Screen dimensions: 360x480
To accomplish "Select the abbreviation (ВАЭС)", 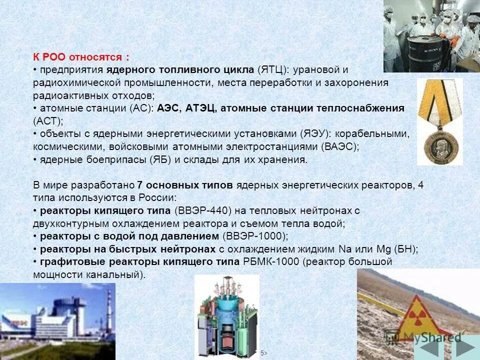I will (340, 147).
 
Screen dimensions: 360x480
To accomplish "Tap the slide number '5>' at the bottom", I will (263, 353).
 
